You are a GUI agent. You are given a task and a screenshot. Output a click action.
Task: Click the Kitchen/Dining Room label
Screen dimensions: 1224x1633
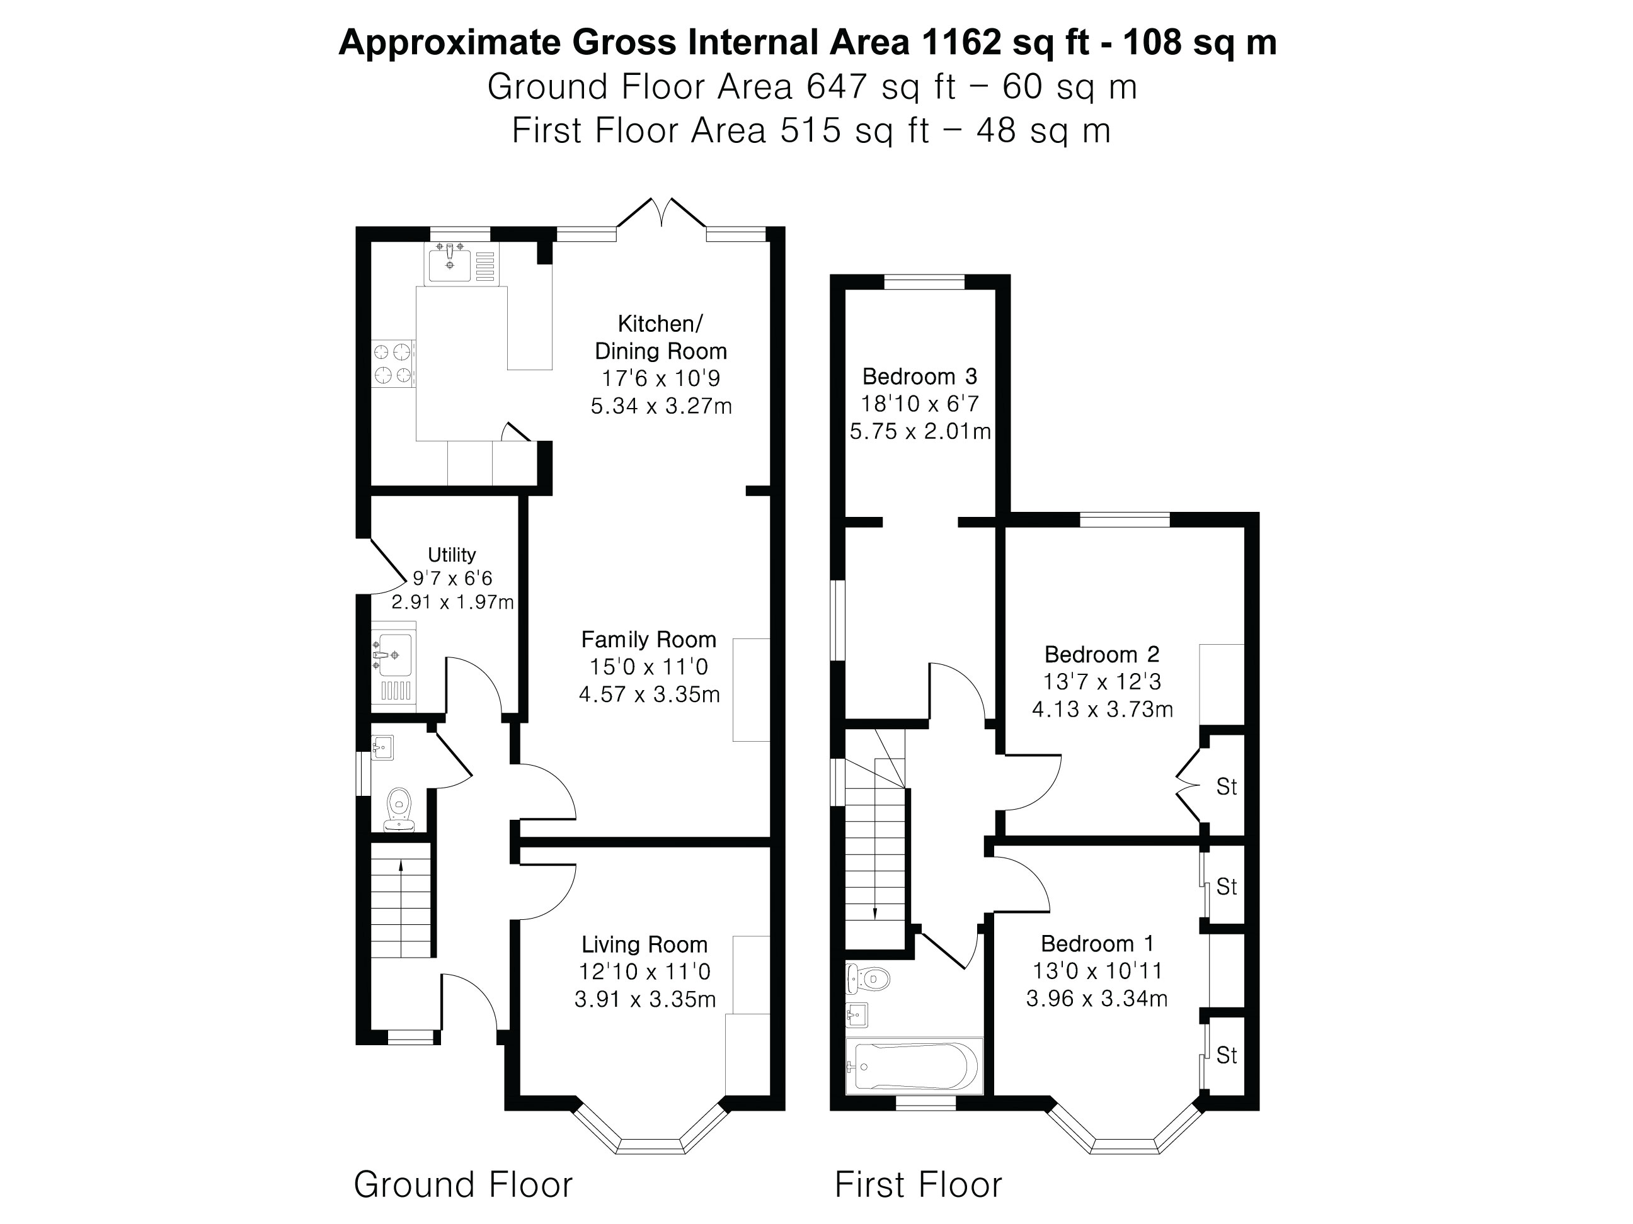click(661, 337)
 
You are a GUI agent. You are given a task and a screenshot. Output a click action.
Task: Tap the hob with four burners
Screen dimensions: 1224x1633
click(392, 363)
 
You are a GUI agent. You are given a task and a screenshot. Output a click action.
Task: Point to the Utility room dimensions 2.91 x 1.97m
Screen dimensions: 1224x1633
click(452, 603)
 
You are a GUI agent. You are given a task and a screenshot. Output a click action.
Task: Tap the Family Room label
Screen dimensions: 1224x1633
click(648, 640)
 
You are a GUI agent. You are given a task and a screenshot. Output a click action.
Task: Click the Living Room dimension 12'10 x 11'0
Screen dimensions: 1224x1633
click(645, 972)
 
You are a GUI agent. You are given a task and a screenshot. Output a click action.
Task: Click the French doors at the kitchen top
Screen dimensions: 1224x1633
click(661, 212)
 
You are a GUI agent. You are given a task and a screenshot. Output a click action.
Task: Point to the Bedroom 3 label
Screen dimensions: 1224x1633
click(919, 377)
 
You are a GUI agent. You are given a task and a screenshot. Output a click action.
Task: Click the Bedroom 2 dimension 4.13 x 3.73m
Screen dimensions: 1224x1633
click(1101, 710)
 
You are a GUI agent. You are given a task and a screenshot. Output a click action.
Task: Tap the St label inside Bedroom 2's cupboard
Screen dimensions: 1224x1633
click(1226, 787)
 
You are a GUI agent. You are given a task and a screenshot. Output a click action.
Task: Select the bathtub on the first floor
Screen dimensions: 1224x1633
click(914, 1066)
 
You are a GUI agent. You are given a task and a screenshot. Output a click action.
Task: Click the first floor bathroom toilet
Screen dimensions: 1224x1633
click(869, 979)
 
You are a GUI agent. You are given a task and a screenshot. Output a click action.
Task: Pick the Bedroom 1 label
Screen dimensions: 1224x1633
click(1096, 944)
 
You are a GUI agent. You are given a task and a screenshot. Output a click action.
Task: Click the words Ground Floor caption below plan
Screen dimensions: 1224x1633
click(463, 1185)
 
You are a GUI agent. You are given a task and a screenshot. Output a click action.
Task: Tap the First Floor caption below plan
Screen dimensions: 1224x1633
click(918, 1186)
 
